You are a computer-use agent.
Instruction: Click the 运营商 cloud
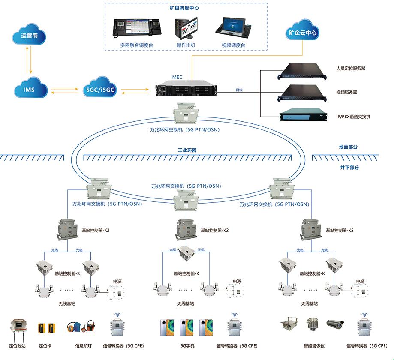click(x=29, y=36)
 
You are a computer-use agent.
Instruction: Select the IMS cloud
click(x=29, y=90)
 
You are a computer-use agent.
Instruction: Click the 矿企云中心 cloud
click(x=303, y=32)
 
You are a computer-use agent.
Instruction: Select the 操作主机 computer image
click(x=186, y=28)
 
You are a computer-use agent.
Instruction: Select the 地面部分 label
click(x=348, y=147)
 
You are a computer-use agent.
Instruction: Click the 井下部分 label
click(x=348, y=168)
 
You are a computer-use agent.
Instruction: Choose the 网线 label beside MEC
click(x=239, y=90)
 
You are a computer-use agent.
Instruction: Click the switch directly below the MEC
click(x=185, y=113)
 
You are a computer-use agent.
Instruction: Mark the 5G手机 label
click(x=187, y=346)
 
